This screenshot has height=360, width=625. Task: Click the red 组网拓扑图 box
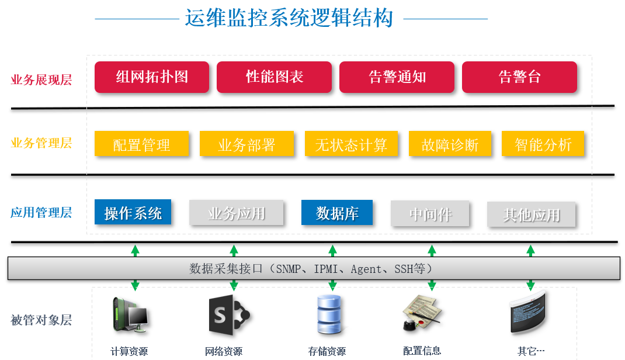pos(152,77)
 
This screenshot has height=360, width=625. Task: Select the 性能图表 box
pos(274,77)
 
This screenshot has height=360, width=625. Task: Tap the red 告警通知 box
pos(397,77)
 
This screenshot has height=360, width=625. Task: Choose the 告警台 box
pos(519,77)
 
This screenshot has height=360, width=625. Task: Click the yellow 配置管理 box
pos(141,144)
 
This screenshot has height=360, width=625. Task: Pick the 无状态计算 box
pos(351,144)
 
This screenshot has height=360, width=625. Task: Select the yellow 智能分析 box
pos(543,144)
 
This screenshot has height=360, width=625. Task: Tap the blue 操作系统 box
pos(133,213)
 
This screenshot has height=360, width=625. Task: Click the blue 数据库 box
pos(336,213)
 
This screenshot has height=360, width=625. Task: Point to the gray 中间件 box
pos(430,214)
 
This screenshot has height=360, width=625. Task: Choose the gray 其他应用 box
pos(531,214)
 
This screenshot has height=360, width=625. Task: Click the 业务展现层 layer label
pos(41,80)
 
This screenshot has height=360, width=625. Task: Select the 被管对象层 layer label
pos(41,320)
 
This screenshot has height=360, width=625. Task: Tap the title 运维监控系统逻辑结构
pos(289,18)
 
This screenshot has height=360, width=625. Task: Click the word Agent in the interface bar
pos(367,269)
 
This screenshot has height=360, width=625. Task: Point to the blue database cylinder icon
pos(330,315)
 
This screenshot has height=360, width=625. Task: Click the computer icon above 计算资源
pos(130,316)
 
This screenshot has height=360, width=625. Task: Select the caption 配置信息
pos(422,351)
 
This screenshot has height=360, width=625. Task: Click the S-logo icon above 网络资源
pos(228,316)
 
